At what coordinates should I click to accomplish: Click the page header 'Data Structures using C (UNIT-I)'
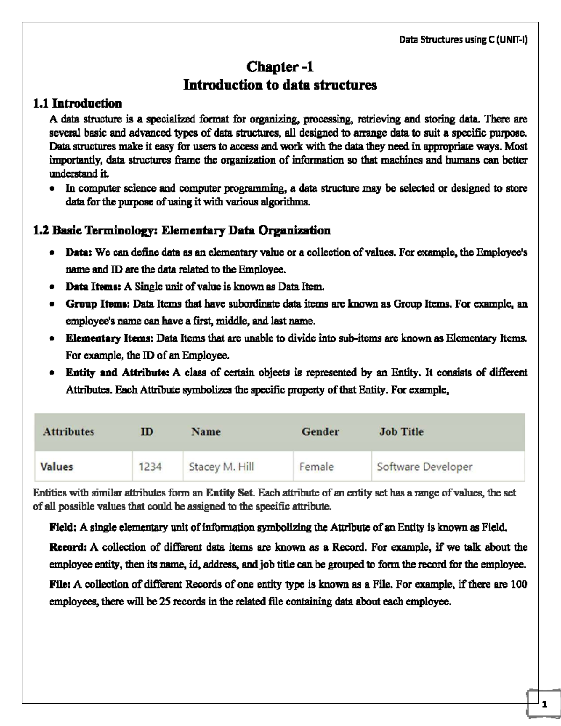tap(463, 40)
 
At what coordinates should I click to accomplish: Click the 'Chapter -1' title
tap(280, 67)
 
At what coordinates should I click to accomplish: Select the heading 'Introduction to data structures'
tap(280, 85)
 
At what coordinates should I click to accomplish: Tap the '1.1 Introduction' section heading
tap(77, 103)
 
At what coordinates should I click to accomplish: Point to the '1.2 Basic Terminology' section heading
tap(182, 230)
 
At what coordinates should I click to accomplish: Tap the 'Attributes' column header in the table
tap(68, 431)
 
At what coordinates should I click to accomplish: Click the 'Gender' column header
tap(320, 431)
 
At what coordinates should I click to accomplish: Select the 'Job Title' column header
tap(401, 431)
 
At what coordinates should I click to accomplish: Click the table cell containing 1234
tap(150, 467)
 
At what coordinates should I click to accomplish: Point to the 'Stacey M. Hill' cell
tap(221, 467)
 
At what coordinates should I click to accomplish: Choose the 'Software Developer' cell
tap(424, 467)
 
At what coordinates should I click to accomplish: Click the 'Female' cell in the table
tap(316, 467)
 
